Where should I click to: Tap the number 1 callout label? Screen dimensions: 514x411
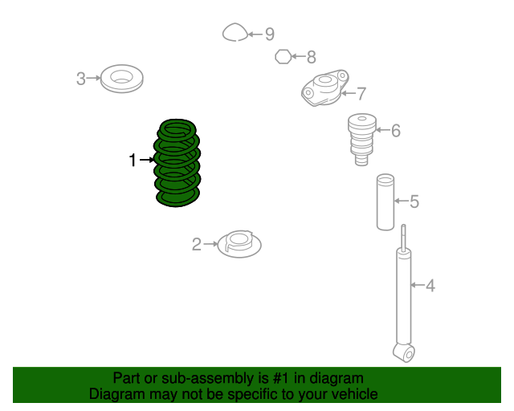(x=133, y=161)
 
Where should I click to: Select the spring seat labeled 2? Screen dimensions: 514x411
(x=239, y=244)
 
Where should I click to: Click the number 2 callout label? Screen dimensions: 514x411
(x=196, y=245)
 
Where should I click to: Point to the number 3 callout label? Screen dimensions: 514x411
(x=80, y=79)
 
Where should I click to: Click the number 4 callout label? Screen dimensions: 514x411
(x=430, y=286)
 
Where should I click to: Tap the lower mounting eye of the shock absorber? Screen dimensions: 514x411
(x=404, y=352)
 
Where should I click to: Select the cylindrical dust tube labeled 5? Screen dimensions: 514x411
(x=385, y=202)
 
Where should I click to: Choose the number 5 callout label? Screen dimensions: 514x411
(x=414, y=201)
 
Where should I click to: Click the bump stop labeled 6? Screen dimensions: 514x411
(x=362, y=140)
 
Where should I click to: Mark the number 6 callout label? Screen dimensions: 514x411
(x=396, y=131)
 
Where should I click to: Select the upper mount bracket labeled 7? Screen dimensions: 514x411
(x=324, y=87)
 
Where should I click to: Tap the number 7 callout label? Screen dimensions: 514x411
(x=361, y=94)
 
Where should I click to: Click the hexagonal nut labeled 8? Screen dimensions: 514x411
(x=284, y=57)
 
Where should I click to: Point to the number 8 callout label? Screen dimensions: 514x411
(x=311, y=57)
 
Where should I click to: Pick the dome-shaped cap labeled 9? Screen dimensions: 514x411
(x=235, y=32)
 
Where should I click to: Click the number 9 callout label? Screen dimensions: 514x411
(x=270, y=34)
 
